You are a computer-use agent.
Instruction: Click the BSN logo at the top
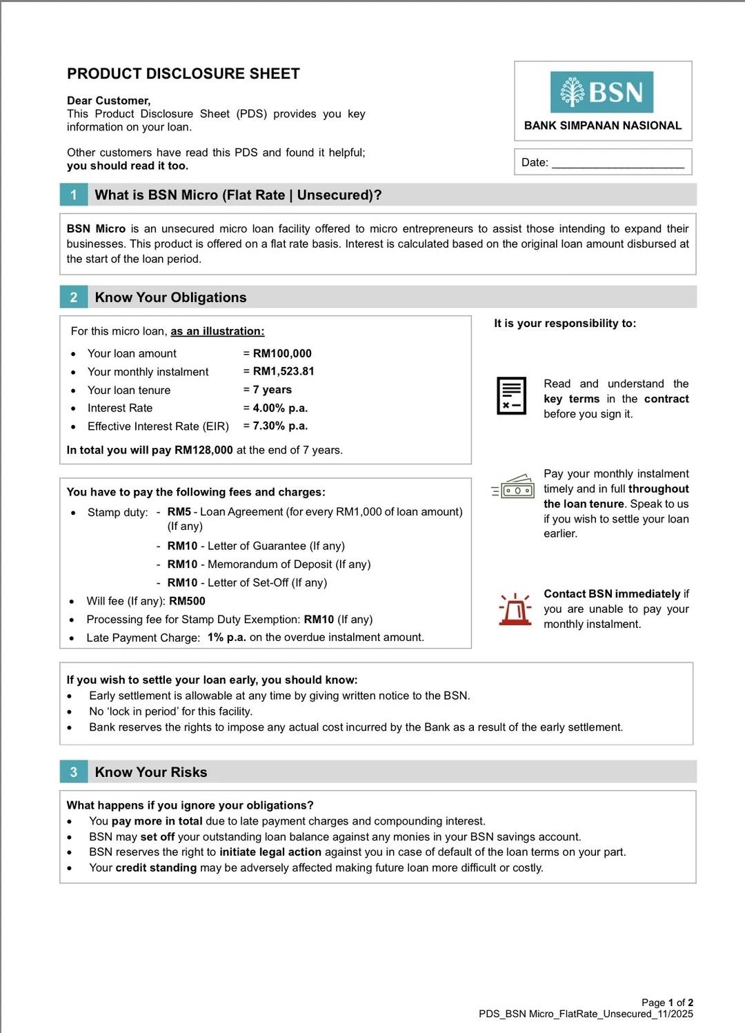(602, 92)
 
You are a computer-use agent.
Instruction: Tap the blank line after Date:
(617, 164)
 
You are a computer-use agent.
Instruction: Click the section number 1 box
(74, 195)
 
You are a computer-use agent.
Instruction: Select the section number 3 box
(74, 772)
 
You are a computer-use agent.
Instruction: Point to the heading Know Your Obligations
(170, 297)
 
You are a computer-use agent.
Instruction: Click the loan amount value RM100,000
(282, 353)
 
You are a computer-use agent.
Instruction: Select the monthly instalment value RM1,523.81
(284, 371)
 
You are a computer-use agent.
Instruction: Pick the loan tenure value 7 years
(272, 390)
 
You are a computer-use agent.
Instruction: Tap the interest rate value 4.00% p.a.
(280, 408)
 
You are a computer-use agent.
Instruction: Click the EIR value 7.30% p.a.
(280, 426)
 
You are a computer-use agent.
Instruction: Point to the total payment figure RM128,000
(203, 450)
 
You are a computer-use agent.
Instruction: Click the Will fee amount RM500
(187, 601)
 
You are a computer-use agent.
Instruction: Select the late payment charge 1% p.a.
(227, 637)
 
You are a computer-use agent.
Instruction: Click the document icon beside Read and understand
(511, 396)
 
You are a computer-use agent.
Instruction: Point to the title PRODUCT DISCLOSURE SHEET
(183, 74)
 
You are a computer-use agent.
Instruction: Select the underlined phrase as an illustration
(217, 331)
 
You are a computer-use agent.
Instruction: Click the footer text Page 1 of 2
(667, 1003)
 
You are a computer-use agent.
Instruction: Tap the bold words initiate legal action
(270, 852)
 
